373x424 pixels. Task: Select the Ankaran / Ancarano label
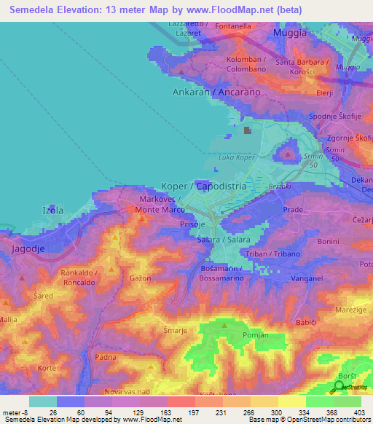tap(206, 93)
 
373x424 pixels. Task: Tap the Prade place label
tap(293, 209)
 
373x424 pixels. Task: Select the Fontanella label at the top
tap(233, 26)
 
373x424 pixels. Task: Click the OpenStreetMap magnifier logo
tap(340, 387)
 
